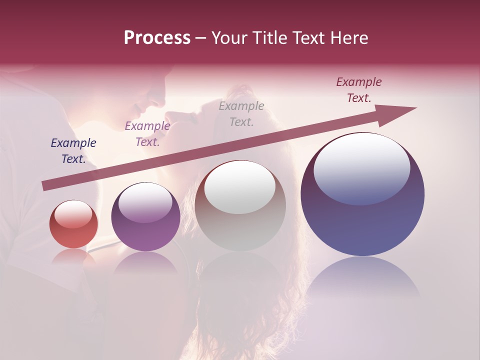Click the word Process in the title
click(x=157, y=38)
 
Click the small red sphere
click(x=73, y=224)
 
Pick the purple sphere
click(x=145, y=216)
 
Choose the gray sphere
click(x=240, y=205)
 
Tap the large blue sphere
click(x=362, y=194)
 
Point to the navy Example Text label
click(x=73, y=151)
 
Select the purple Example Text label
click(x=147, y=134)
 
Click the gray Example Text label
click(x=241, y=113)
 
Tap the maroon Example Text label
click(x=359, y=90)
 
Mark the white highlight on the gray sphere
click(x=240, y=187)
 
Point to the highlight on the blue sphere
click(x=362, y=169)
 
